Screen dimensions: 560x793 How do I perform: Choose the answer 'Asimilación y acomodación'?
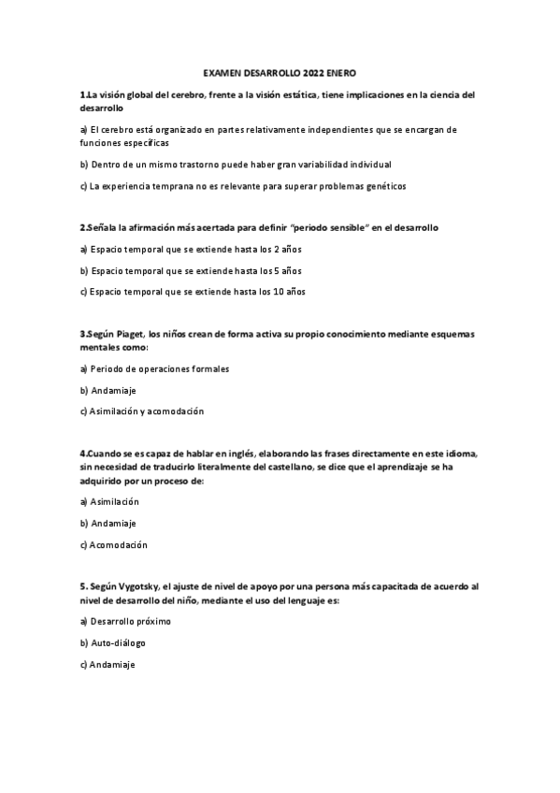[x=142, y=411]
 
